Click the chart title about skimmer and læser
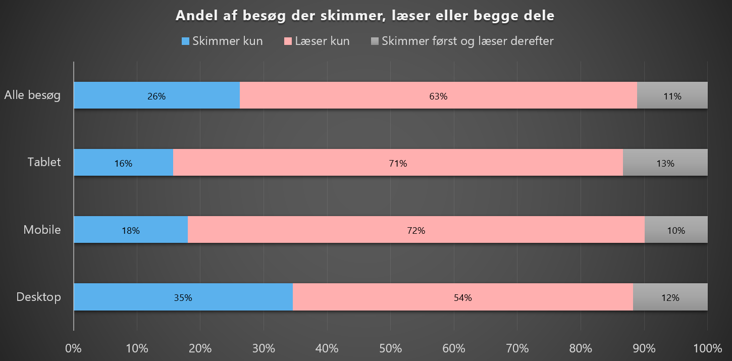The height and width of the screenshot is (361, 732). [365, 16]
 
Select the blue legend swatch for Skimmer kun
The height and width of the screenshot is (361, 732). [186, 41]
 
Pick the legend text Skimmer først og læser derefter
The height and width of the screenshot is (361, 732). [467, 41]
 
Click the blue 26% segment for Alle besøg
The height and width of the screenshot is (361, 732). [156, 95]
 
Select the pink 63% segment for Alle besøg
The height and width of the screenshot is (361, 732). [438, 95]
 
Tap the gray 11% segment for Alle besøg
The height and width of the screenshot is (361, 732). [672, 95]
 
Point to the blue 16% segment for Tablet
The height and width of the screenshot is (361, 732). [123, 163]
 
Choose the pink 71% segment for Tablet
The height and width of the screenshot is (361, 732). [398, 163]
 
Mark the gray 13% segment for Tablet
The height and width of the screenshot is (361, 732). [665, 163]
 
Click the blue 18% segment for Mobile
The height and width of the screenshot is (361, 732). [130, 230]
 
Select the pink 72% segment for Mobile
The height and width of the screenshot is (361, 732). [416, 230]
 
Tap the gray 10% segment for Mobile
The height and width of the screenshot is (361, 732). [676, 230]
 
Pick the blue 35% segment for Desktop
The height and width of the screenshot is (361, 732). [183, 297]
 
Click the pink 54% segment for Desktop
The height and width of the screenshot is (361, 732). [462, 297]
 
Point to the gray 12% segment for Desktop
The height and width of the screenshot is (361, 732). [670, 297]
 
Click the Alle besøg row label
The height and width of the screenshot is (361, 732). [32, 95]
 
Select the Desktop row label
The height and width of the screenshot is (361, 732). [38, 296]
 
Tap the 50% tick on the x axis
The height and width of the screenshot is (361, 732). [390, 348]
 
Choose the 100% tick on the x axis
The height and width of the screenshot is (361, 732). [707, 348]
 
